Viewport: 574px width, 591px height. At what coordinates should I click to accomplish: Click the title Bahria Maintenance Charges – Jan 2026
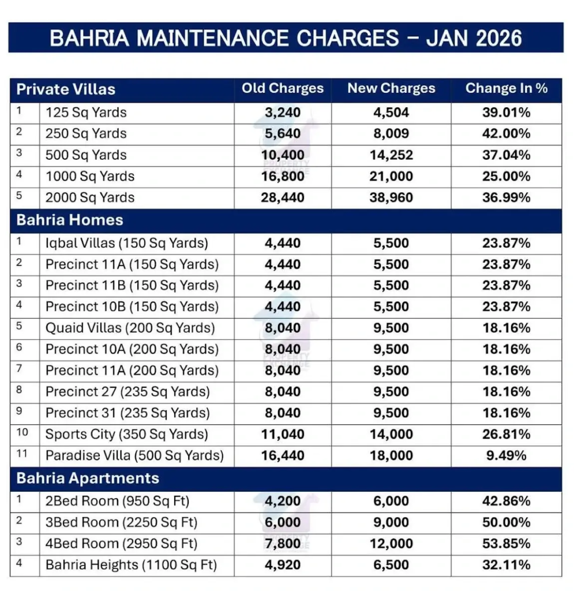pos(286,38)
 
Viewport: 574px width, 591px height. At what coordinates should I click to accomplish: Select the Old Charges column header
pos(283,89)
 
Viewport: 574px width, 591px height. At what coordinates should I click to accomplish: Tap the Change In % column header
pos(506,89)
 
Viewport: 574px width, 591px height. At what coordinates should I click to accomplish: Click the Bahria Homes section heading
pos(70,220)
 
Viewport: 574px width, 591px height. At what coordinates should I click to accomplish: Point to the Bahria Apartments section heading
pos(88,478)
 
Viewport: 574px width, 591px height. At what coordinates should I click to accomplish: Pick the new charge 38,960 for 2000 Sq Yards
pos(391,197)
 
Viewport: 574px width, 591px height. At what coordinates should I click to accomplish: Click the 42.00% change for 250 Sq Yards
pos(506,133)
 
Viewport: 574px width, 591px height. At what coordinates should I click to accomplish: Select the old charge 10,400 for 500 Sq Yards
pos(283,155)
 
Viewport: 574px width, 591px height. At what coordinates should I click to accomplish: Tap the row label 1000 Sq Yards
pos(90,176)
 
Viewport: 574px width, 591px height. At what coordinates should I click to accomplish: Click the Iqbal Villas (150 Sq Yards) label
pos(127,243)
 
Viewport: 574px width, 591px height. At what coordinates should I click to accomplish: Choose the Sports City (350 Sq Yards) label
pos(127,434)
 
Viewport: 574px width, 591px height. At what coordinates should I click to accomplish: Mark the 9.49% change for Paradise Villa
pos(506,455)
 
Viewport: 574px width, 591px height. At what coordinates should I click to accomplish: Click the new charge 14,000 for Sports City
pos(391,434)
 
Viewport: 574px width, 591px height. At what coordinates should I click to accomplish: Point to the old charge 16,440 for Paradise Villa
pos(283,455)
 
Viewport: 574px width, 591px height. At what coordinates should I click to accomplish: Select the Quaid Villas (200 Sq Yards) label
pos(130,328)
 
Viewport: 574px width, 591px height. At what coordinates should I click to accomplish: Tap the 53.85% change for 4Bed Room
pos(506,544)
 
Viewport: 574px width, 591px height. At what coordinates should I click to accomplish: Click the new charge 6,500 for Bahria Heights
pos(391,565)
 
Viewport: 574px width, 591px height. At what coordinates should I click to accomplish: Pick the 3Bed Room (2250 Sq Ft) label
pos(122,522)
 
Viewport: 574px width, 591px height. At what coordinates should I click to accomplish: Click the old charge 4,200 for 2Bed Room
pos(283,501)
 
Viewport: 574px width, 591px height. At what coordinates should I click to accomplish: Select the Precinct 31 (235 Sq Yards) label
pos(127,413)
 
